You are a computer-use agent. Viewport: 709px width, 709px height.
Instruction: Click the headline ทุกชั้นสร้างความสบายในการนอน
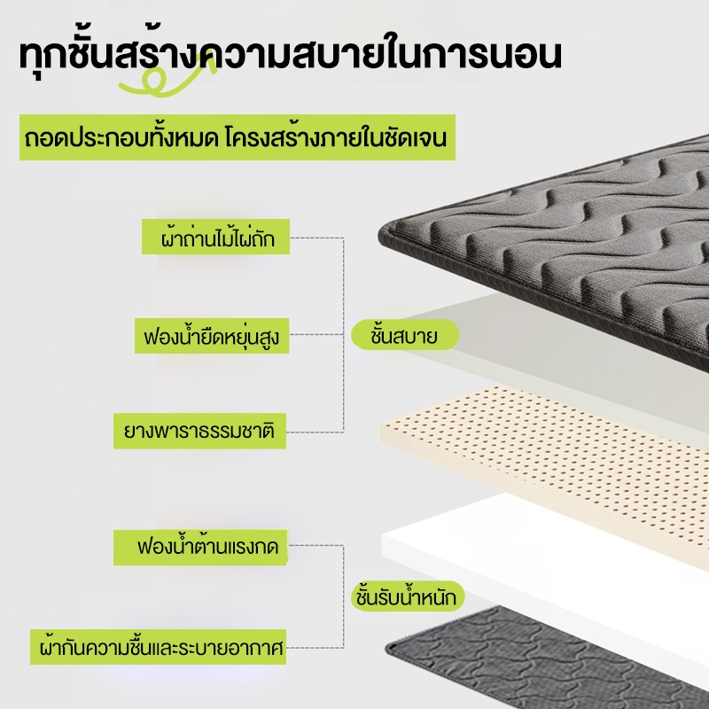coord(291,55)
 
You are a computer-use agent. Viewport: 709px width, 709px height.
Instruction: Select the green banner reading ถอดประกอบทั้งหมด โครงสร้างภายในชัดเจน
coord(238,137)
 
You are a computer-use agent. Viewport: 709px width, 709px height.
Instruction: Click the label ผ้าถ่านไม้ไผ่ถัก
coord(215,237)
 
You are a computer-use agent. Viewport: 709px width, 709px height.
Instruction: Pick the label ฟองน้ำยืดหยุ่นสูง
coord(212,336)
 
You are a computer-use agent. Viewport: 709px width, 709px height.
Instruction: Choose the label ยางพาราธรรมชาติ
coord(199,431)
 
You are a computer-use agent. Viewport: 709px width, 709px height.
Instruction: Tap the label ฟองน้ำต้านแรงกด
coord(200,547)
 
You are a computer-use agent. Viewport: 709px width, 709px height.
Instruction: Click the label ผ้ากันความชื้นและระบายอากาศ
coord(159,647)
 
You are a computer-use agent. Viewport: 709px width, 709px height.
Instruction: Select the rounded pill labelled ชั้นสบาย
coord(405,335)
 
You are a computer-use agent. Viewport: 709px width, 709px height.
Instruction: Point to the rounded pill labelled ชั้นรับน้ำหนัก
coord(407,596)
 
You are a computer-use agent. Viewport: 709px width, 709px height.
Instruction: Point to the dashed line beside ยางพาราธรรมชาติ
coord(315,432)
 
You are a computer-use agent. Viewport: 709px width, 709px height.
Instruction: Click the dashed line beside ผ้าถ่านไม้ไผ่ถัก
coord(316,238)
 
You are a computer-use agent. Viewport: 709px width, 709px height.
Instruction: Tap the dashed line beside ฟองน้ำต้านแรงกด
coord(316,546)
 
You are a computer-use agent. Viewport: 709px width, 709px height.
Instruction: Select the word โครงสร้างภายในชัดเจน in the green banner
coord(336,137)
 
